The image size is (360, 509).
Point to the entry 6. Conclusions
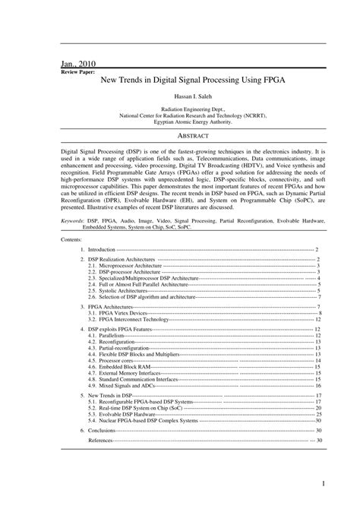[103, 430]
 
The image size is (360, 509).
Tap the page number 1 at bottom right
[323, 484]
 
